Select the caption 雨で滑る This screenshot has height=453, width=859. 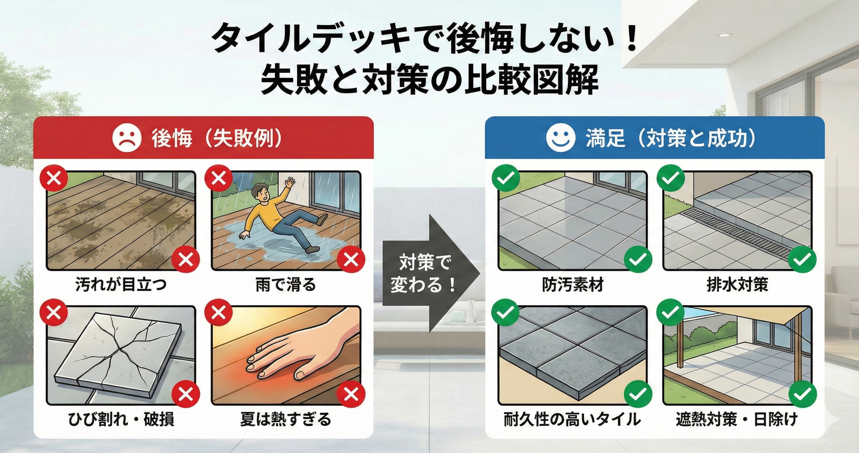[286, 285]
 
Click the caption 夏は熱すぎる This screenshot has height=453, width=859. [286, 419]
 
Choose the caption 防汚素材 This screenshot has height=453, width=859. [572, 285]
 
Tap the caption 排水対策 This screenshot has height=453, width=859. [737, 285]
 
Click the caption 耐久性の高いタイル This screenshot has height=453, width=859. [572, 419]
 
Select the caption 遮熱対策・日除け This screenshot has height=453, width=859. [737, 419]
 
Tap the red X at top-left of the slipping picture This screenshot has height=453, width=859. [219, 179]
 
